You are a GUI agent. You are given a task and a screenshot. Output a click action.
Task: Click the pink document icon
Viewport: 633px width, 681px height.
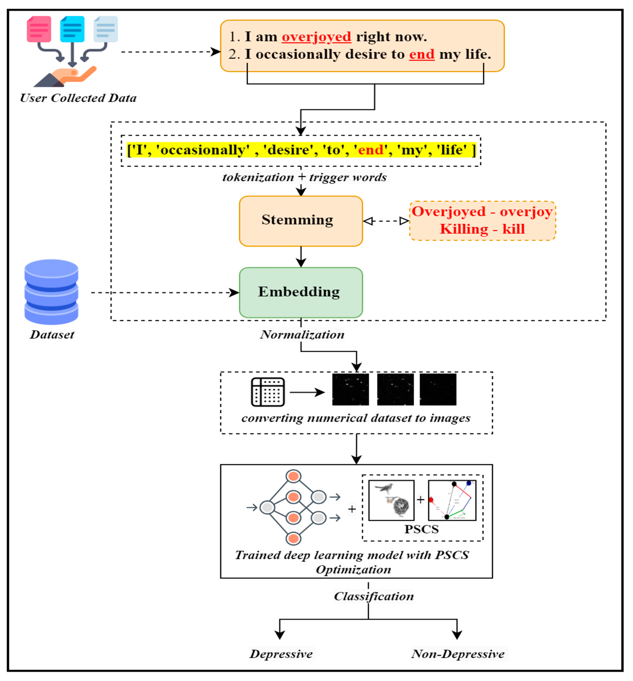(x=39, y=29)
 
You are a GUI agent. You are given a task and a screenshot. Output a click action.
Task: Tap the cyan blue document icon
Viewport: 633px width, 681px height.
(x=72, y=29)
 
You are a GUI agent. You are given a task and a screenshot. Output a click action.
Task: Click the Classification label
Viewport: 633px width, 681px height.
(x=373, y=596)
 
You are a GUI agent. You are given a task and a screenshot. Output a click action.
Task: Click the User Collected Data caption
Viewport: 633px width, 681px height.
(x=78, y=98)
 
